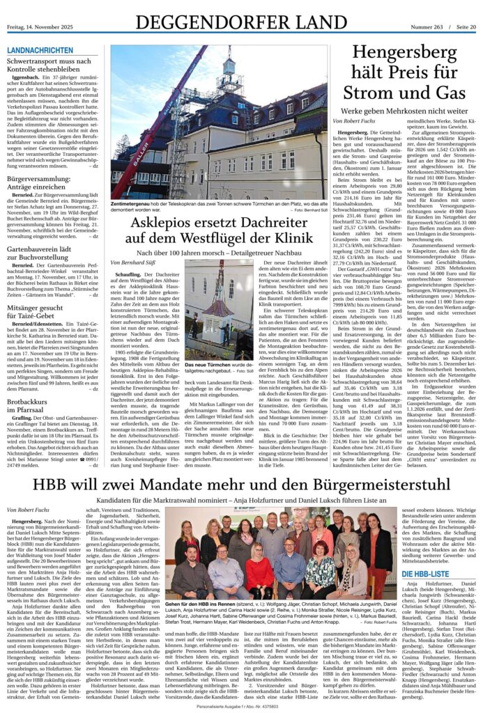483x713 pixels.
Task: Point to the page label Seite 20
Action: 465,27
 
